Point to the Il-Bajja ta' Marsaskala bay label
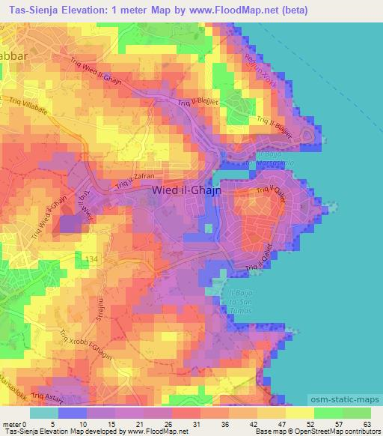[x=266, y=158]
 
